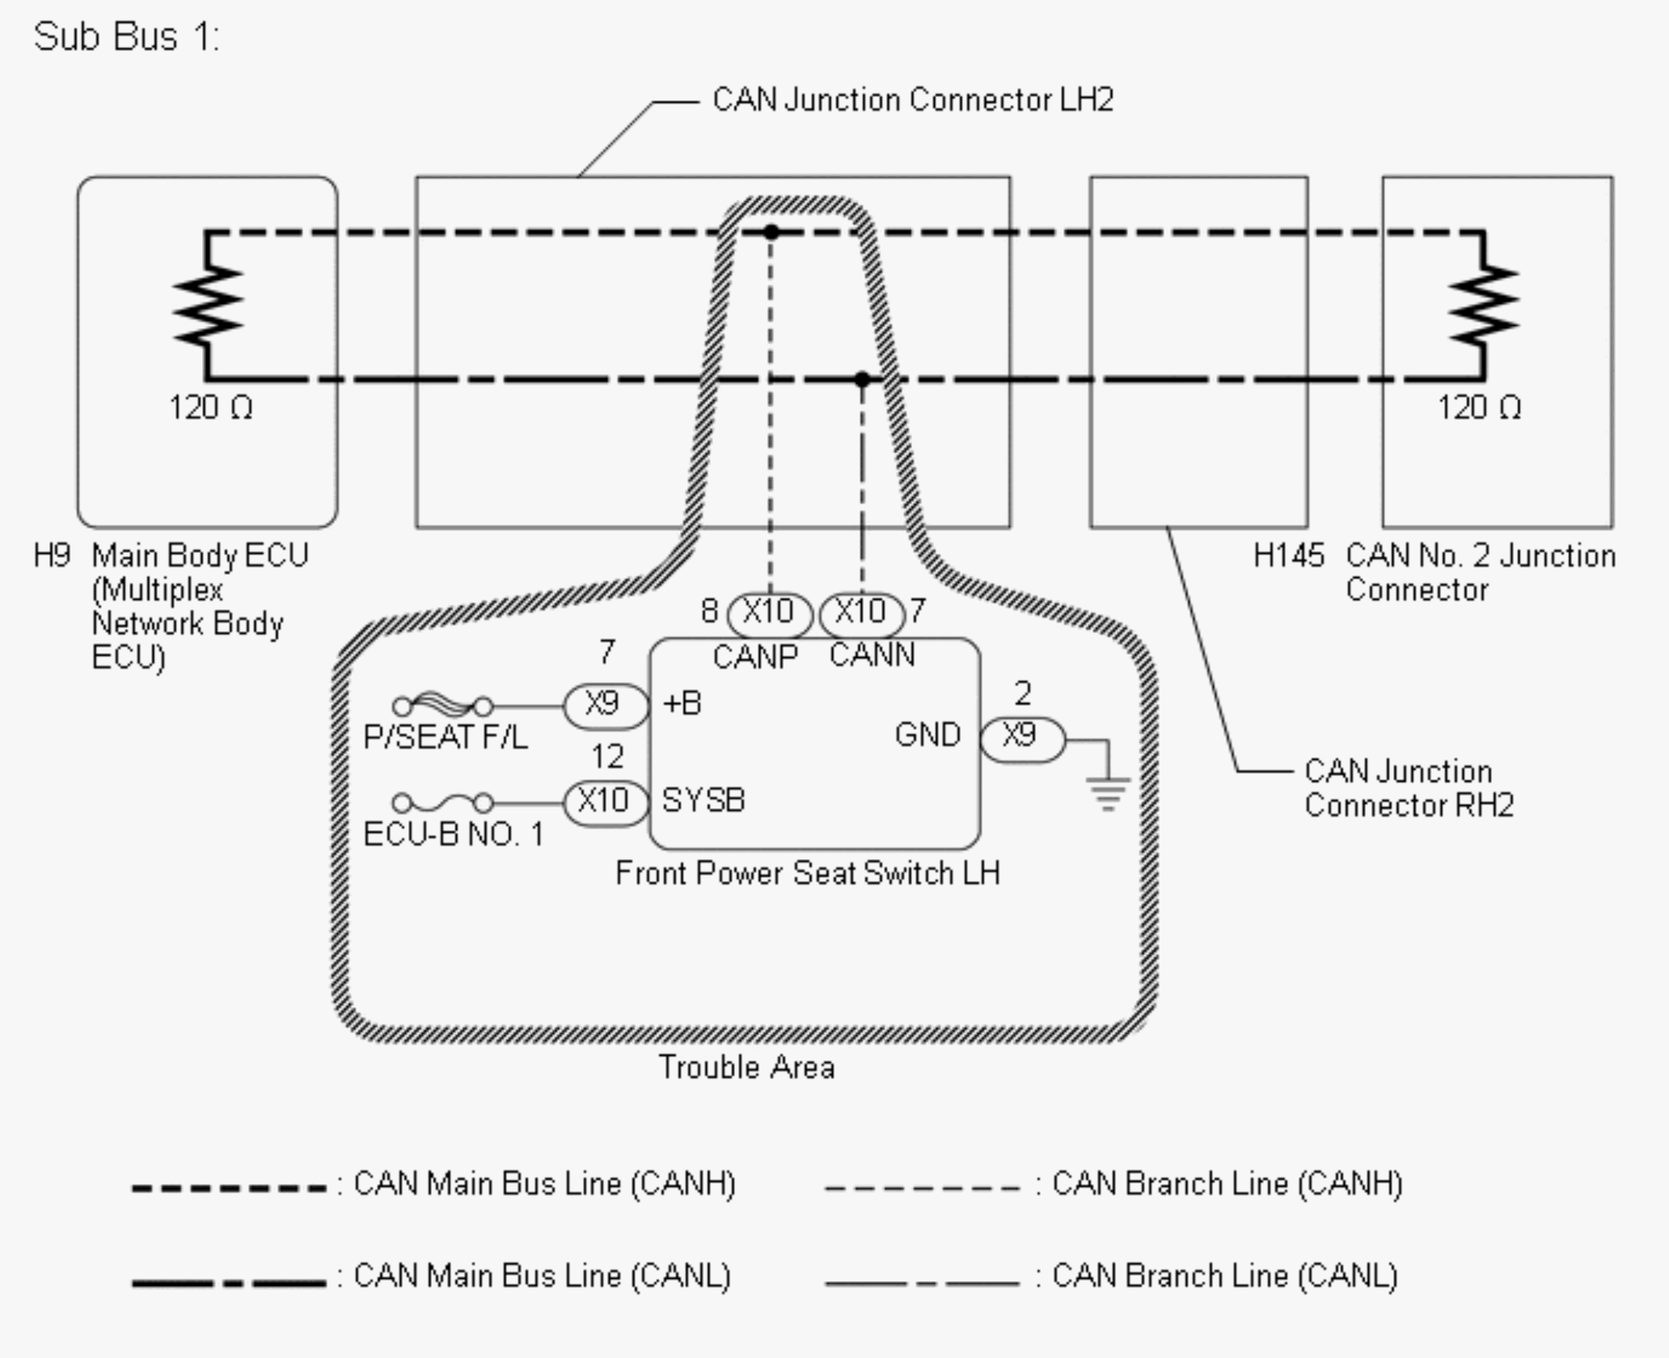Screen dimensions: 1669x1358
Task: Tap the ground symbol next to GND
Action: (x=1107, y=793)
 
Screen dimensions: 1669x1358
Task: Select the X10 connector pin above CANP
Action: (x=769, y=613)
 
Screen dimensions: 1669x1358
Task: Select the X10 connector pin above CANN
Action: (x=861, y=613)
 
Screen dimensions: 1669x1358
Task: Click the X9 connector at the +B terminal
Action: (x=606, y=706)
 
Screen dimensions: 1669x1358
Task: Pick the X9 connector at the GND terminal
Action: (x=1022, y=738)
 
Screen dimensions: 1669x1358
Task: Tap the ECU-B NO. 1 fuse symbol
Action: (x=443, y=803)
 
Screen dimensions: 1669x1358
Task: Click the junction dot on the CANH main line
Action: (x=771, y=232)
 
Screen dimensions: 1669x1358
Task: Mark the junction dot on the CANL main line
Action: (x=862, y=380)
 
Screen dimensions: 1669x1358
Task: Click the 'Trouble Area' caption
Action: (x=747, y=1067)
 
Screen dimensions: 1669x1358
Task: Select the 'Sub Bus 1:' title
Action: (x=126, y=37)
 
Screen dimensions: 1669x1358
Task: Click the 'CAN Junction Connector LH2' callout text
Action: (x=913, y=99)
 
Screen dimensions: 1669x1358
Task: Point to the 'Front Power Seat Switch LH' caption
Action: (x=808, y=873)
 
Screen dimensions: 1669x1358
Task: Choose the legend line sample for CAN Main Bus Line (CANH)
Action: (x=229, y=1188)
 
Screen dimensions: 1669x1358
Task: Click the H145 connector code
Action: (x=1288, y=555)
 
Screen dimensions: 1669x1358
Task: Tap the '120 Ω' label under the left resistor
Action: (x=211, y=407)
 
